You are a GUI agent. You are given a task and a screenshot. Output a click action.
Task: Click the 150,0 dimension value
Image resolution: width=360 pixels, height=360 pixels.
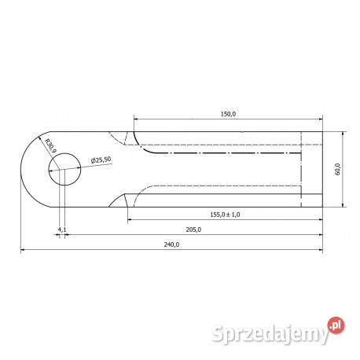pyautogui.click(x=228, y=114)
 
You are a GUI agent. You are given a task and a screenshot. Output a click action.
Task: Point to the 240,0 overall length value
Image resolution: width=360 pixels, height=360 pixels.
pyautogui.click(x=171, y=245)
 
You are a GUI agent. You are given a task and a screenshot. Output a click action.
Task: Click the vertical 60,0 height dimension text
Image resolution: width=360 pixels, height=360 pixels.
pyautogui.click(x=338, y=169)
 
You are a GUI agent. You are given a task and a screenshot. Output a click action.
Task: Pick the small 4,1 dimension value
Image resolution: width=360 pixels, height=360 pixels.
pyautogui.click(x=62, y=230)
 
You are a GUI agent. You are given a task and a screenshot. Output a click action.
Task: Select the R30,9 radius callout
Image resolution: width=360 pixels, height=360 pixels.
pyautogui.click(x=49, y=147)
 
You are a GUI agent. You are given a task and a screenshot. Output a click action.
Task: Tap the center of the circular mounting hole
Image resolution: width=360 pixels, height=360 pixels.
pyautogui.click(x=65, y=170)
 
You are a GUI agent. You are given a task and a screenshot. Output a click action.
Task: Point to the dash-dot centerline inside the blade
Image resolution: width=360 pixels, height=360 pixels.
pyautogui.click(x=228, y=154)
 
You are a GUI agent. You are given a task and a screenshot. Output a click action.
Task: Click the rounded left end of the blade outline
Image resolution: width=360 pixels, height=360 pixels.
pyautogui.click(x=22, y=170)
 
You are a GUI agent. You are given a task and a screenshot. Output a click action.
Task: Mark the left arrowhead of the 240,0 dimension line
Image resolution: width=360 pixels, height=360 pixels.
pyautogui.click(x=23, y=250)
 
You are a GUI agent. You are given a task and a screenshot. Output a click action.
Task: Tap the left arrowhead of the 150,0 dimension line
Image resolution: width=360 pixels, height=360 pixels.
pyautogui.click(x=137, y=119)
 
